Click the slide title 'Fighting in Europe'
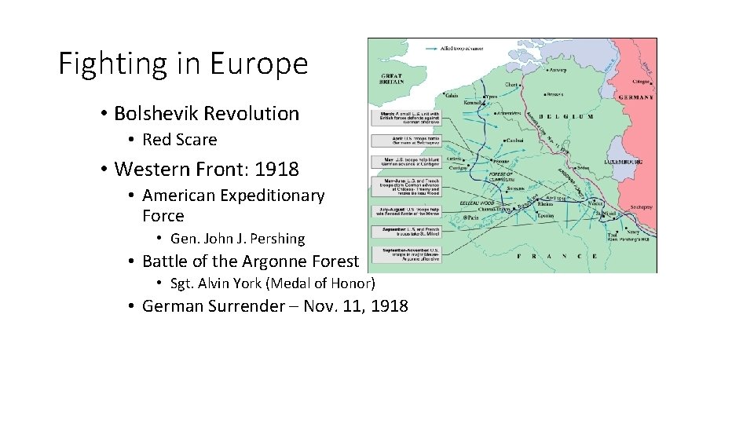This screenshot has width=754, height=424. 183,64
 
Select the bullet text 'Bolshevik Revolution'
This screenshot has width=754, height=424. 207,114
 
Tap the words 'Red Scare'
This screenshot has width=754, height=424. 179,141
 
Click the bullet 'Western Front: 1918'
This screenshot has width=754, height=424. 207,169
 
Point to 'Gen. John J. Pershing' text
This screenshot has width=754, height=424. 237,239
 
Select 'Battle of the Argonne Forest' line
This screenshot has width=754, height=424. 250,261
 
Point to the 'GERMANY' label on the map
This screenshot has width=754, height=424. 636,97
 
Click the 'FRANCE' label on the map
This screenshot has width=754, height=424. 557,256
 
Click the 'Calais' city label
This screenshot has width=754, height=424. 452,96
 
